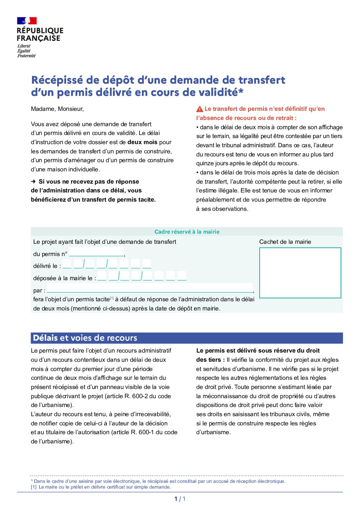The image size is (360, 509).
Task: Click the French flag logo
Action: point(27,21)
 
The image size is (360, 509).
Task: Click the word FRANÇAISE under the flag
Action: point(38,38)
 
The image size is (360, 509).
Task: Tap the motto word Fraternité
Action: point(27,56)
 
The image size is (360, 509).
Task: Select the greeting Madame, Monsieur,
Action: point(57,109)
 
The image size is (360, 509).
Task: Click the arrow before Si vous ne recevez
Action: point(33,182)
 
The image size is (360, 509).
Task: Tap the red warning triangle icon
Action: point(200,109)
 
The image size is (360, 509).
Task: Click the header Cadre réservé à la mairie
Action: point(187,232)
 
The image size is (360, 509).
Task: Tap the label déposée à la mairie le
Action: point(64,278)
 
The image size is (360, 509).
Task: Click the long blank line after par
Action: point(150,289)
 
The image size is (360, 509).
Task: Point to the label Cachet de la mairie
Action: point(285,242)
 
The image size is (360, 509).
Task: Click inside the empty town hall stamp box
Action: point(300,273)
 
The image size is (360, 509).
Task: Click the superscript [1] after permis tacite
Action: point(112,298)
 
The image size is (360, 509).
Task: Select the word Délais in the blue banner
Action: point(45,338)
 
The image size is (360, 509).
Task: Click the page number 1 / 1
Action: point(180,499)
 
